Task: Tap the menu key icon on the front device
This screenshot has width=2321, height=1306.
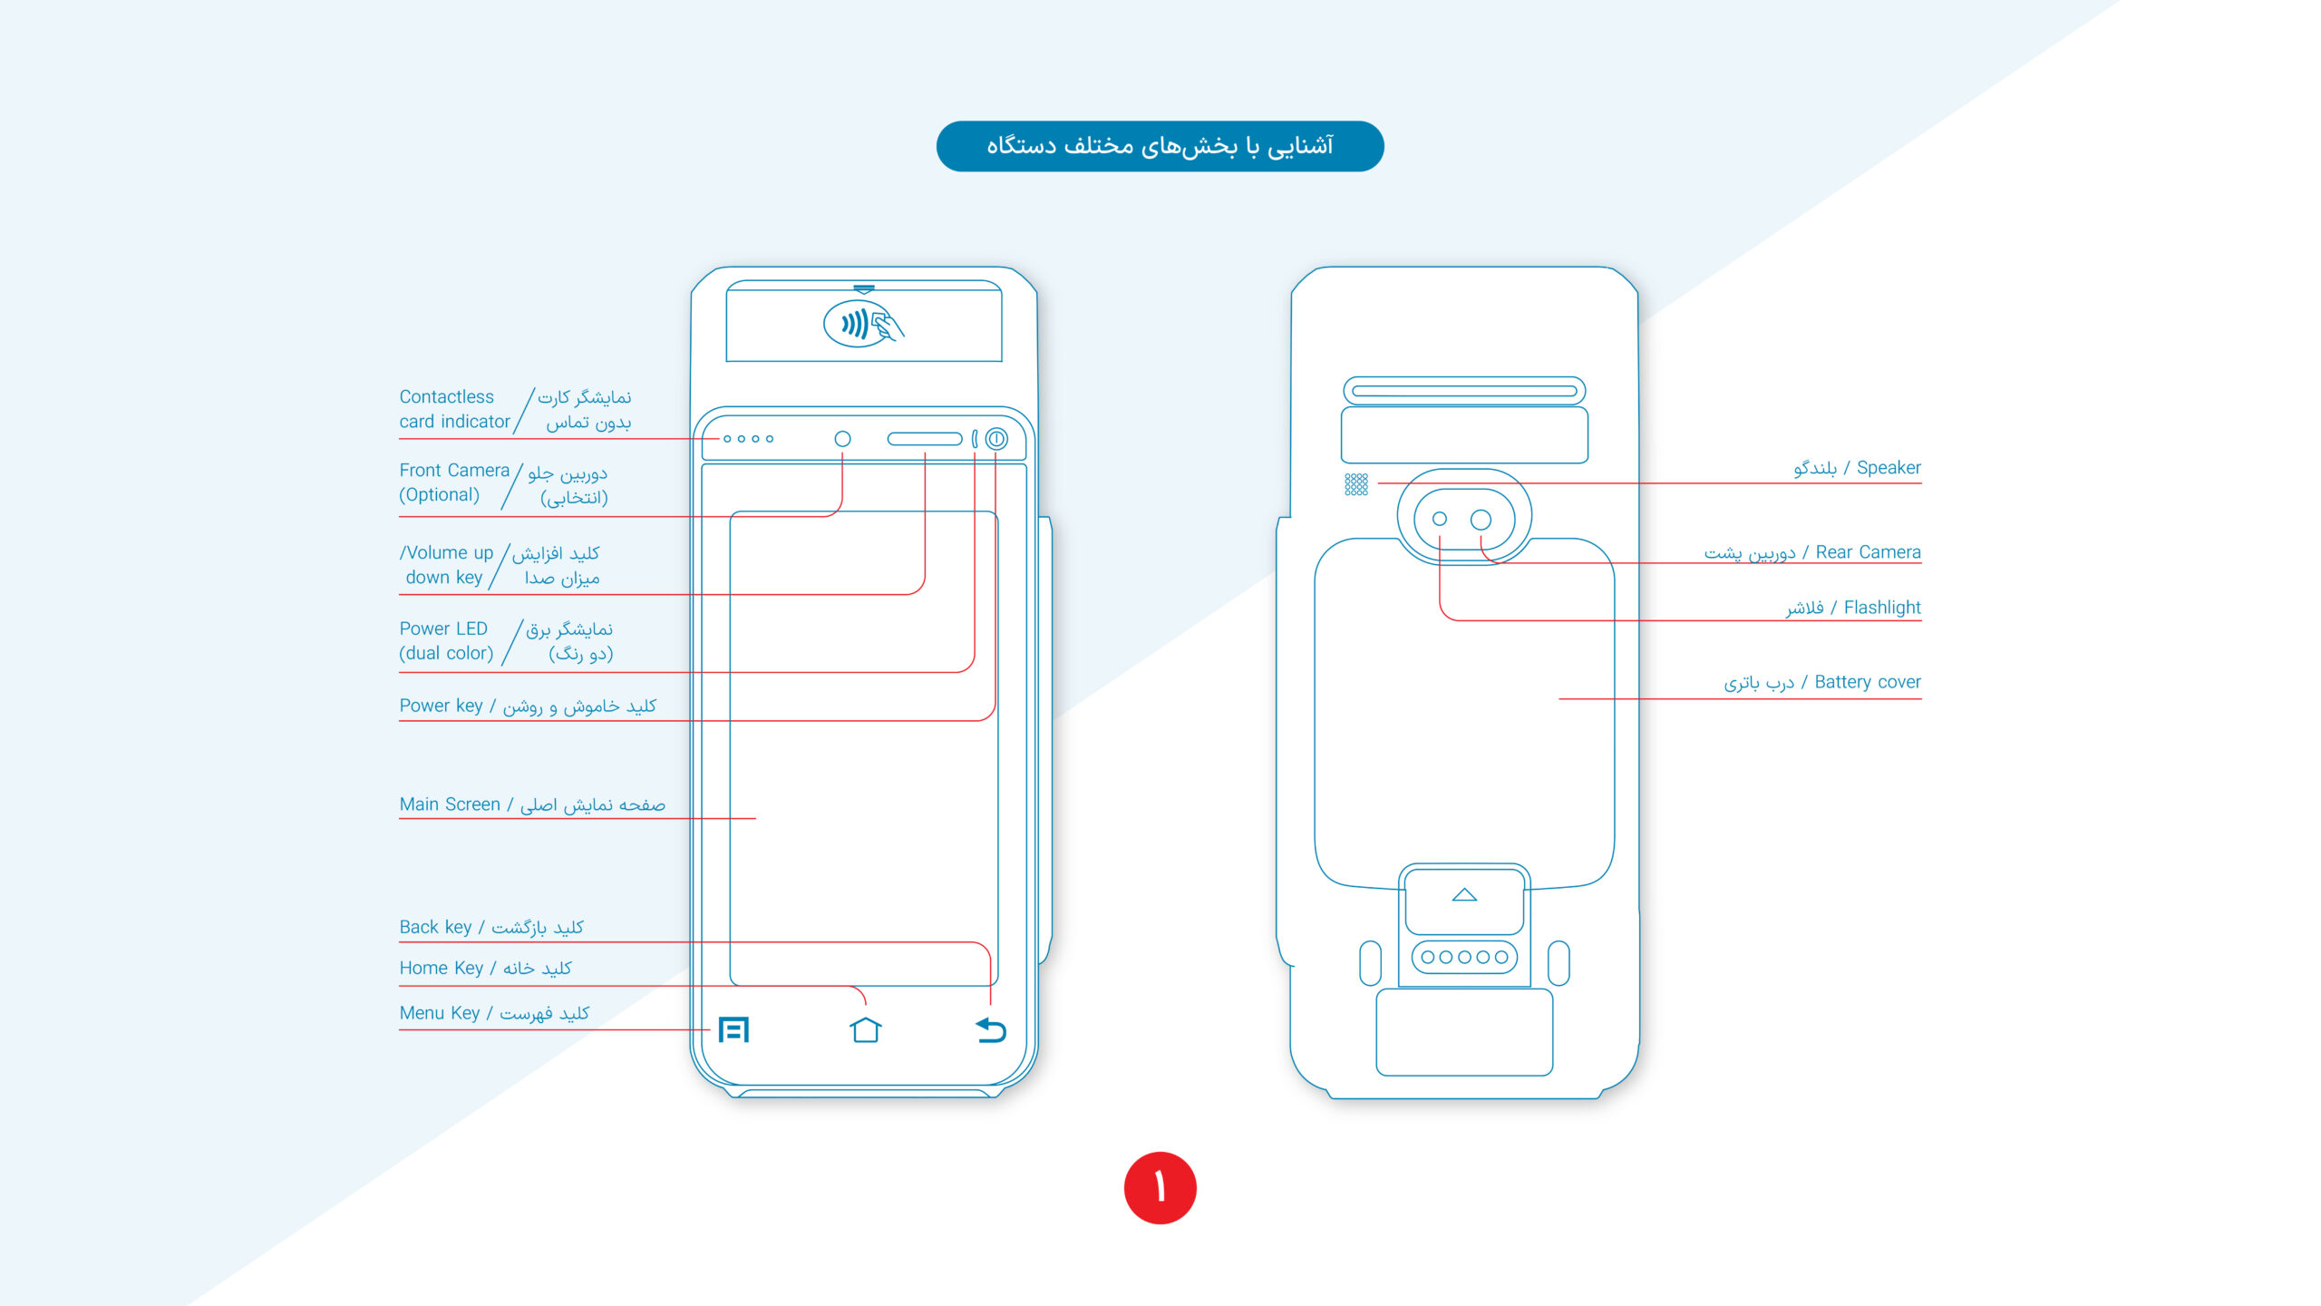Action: click(733, 1029)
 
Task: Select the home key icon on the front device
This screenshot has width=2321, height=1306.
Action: click(866, 1029)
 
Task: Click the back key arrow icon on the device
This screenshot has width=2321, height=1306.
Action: click(991, 1030)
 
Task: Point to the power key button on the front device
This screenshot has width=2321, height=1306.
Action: click(996, 439)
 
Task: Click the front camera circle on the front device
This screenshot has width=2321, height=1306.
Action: click(842, 439)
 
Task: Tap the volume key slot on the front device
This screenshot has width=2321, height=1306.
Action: click(924, 439)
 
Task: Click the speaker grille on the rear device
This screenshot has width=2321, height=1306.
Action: click(1355, 484)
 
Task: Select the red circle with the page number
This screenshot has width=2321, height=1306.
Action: click(1160, 1187)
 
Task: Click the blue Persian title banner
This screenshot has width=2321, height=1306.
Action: click(1160, 146)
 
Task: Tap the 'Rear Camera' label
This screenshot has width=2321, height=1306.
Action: click(1867, 552)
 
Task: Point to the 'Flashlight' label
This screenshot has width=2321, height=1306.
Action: click(1881, 608)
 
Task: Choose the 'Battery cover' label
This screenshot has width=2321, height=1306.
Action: click(1867, 682)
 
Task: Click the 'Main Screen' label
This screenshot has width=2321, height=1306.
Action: click(450, 804)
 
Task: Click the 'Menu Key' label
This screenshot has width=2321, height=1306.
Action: click(440, 1013)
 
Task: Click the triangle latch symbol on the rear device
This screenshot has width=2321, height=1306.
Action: click(1464, 895)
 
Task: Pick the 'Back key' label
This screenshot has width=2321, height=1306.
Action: click(435, 927)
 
